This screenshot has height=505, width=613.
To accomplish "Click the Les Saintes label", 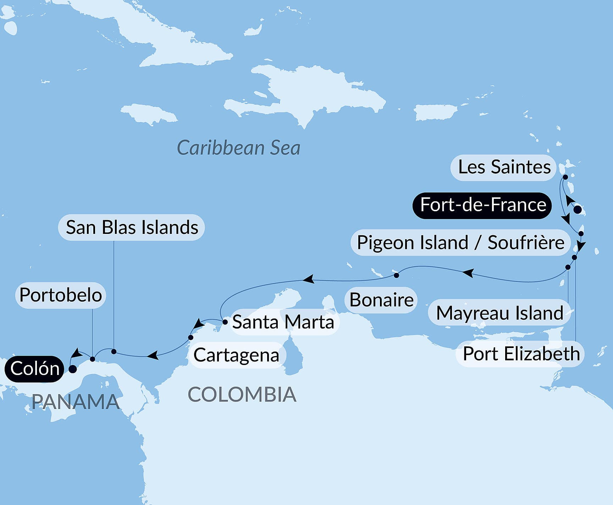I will (x=504, y=167).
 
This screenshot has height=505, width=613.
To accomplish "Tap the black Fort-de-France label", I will (x=482, y=205).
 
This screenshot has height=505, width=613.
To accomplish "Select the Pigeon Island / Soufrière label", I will (x=460, y=243).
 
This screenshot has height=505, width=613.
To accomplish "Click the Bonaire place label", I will (x=381, y=300).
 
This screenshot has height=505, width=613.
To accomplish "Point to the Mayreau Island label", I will (x=499, y=313).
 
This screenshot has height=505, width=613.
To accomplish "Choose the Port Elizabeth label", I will (x=521, y=354).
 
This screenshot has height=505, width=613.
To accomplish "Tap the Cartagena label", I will (x=236, y=355).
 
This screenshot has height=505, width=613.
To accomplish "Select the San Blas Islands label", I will (x=132, y=228).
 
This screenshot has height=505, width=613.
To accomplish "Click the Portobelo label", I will (x=61, y=295).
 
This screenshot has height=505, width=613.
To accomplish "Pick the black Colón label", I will (x=34, y=369).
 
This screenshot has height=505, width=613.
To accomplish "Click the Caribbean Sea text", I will (x=238, y=148).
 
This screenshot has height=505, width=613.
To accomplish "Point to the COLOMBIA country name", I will (x=242, y=395).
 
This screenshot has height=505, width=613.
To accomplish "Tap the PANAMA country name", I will (x=75, y=402).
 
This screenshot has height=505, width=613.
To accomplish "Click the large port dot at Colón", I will (x=73, y=369).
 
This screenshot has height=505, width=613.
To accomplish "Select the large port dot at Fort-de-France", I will (x=578, y=209).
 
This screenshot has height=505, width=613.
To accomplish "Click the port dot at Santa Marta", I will (x=225, y=322).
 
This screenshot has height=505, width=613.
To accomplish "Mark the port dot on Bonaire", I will (x=397, y=275).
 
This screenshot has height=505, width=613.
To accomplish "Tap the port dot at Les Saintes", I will (x=565, y=177).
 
